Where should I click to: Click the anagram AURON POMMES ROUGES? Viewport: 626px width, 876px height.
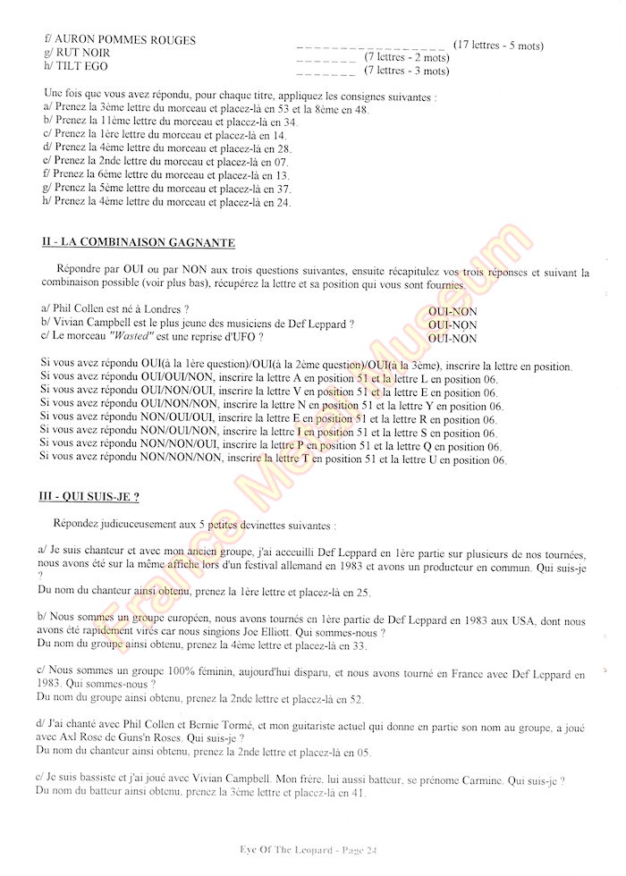pos(126,41)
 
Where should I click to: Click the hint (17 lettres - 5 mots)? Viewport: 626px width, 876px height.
pos(498,45)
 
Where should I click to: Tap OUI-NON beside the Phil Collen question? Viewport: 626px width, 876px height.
pos(453,310)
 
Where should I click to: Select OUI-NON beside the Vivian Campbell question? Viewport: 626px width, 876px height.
pos(453,324)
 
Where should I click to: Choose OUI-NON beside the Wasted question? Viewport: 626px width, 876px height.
pos(453,339)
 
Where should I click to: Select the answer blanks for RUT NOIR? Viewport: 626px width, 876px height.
pos(325,59)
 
